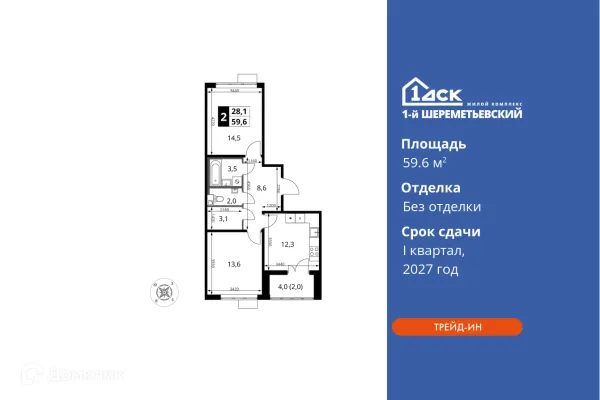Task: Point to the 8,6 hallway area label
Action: [263, 186]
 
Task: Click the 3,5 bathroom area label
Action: [232, 169]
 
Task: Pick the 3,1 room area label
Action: [225, 218]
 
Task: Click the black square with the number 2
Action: [221, 116]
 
